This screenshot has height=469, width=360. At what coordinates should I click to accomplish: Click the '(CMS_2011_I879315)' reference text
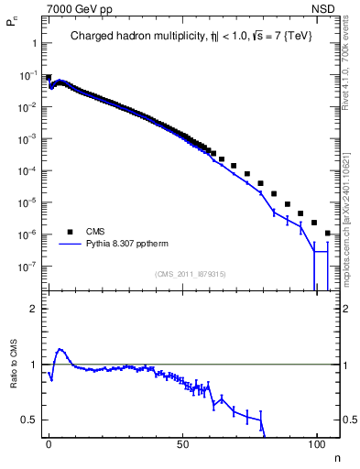point(191,273)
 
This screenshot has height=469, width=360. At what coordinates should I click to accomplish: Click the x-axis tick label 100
point(316,443)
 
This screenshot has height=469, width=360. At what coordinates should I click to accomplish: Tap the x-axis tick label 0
point(49,443)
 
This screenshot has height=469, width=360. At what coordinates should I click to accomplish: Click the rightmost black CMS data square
point(327,234)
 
